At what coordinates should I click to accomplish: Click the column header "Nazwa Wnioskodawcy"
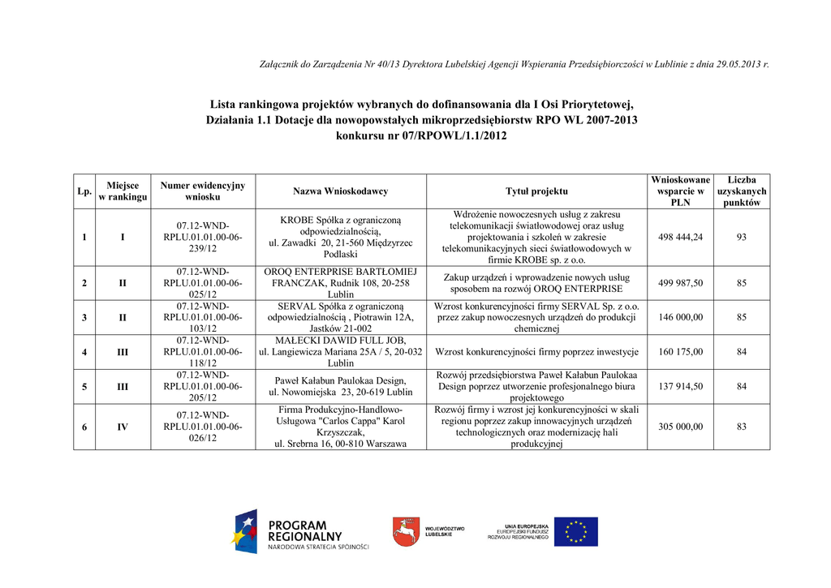click(340, 191)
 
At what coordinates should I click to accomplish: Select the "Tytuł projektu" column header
click(536, 191)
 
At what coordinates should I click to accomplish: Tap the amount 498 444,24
click(681, 237)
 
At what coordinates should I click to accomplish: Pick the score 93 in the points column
click(742, 237)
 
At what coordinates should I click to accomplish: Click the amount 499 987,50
click(681, 283)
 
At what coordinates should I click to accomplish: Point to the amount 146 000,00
click(681, 317)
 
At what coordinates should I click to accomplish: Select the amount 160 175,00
click(681, 352)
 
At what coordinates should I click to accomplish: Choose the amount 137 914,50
click(681, 387)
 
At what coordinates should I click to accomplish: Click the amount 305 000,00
click(681, 427)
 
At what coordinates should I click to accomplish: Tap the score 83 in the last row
click(742, 427)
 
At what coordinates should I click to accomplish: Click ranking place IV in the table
click(123, 427)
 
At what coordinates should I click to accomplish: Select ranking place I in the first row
click(123, 237)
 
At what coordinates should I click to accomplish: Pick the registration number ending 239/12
click(203, 237)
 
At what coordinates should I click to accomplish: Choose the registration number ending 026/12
click(203, 427)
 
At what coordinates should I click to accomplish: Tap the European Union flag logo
click(576, 532)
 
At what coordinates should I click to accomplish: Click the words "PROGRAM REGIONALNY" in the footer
click(306, 531)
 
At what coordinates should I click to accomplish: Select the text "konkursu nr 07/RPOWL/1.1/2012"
click(421, 135)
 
